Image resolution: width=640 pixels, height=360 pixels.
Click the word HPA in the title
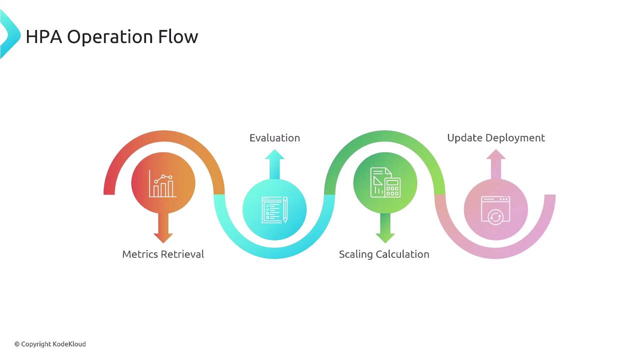click(x=44, y=36)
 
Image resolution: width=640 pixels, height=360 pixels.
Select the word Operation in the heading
click(x=110, y=37)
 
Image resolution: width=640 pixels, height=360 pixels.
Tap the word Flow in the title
click(x=177, y=36)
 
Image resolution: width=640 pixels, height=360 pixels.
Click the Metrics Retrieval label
click(x=163, y=254)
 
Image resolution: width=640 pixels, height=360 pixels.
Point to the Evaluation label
click(x=274, y=137)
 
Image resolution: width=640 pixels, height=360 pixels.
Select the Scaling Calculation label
click(x=384, y=254)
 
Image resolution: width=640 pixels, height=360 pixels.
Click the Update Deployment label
click(x=496, y=138)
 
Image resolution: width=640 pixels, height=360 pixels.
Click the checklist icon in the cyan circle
click(x=274, y=210)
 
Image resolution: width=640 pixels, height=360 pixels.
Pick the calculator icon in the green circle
click(x=385, y=182)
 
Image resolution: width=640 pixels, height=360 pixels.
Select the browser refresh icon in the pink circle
click(x=495, y=210)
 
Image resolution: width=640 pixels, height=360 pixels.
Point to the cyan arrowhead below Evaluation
click(x=274, y=154)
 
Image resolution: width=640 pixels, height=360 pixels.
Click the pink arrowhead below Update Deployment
click(x=496, y=154)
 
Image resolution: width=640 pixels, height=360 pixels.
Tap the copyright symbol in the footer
click(x=17, y=344)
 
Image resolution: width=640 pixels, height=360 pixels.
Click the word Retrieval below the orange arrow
click(x=182, y=254)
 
